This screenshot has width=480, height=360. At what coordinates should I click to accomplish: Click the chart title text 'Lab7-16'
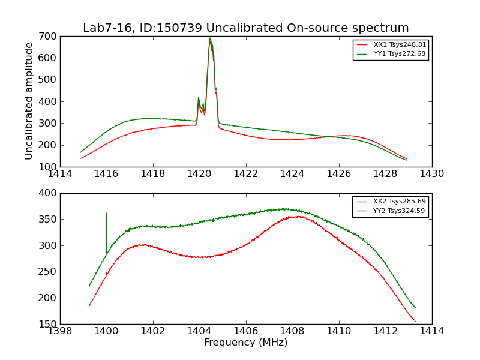coord(103,28)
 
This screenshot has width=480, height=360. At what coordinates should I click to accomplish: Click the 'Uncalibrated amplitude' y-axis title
coord(29,101)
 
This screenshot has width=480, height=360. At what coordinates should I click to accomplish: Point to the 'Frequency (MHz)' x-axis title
coord(246,343)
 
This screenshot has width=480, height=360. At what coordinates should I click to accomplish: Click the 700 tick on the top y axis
coord(49,37)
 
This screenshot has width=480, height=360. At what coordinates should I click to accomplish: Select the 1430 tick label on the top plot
coord(431,174)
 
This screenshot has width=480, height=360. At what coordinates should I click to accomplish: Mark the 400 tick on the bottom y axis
coord(49,193)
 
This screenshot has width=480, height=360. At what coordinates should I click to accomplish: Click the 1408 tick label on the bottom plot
coord(292,331)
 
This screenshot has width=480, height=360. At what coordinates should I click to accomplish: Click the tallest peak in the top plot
coord(210,39)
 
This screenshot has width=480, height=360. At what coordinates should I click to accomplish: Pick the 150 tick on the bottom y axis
coord(49,324)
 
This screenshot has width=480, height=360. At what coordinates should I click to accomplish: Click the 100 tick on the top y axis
coord(49,167)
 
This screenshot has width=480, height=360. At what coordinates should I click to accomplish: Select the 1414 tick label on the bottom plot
coord(431,331)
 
